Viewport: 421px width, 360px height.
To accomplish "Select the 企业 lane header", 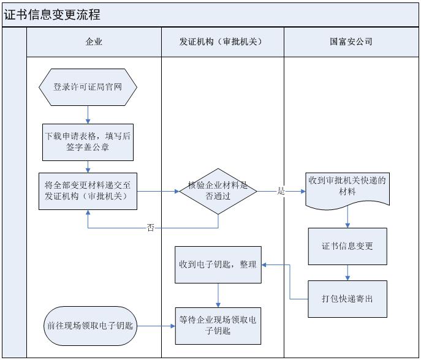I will click(x=94, y=42).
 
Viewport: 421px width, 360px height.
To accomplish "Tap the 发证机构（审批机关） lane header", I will click(x=221, y=42).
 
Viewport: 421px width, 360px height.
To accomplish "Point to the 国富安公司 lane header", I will click(x=351, y=42).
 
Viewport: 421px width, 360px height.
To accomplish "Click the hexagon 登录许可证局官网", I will click(x=88, y=87).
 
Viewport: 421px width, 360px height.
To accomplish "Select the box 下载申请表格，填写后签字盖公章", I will click(x=88, y=142).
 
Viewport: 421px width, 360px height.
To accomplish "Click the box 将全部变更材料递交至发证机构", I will click(x=88, y=190).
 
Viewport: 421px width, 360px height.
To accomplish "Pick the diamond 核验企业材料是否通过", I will click(x=218, y=190).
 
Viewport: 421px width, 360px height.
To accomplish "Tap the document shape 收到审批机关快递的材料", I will click(x=347, y=186).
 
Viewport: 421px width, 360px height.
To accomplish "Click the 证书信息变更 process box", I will click(x=347, y=246).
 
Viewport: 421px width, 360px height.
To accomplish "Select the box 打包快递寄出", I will click(x=347, y=299).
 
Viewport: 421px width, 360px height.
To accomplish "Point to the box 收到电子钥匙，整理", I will click(x=218, y=265).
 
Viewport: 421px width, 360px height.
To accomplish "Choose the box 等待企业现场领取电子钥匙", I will click(x=218, y=326).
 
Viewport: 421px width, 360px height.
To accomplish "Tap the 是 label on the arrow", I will click(x=281, y=191).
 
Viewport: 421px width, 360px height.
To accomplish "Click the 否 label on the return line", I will click(x=151, y=228).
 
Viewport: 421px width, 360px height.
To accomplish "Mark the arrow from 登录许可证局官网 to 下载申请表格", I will click(x=88, y=114).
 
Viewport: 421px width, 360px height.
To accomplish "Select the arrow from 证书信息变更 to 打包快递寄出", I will click(x=347, y=272).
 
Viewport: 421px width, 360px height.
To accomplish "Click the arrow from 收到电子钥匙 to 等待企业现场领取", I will click(x=218, y=296).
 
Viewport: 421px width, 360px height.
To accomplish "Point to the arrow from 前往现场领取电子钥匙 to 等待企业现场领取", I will click(x=154, y=326).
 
